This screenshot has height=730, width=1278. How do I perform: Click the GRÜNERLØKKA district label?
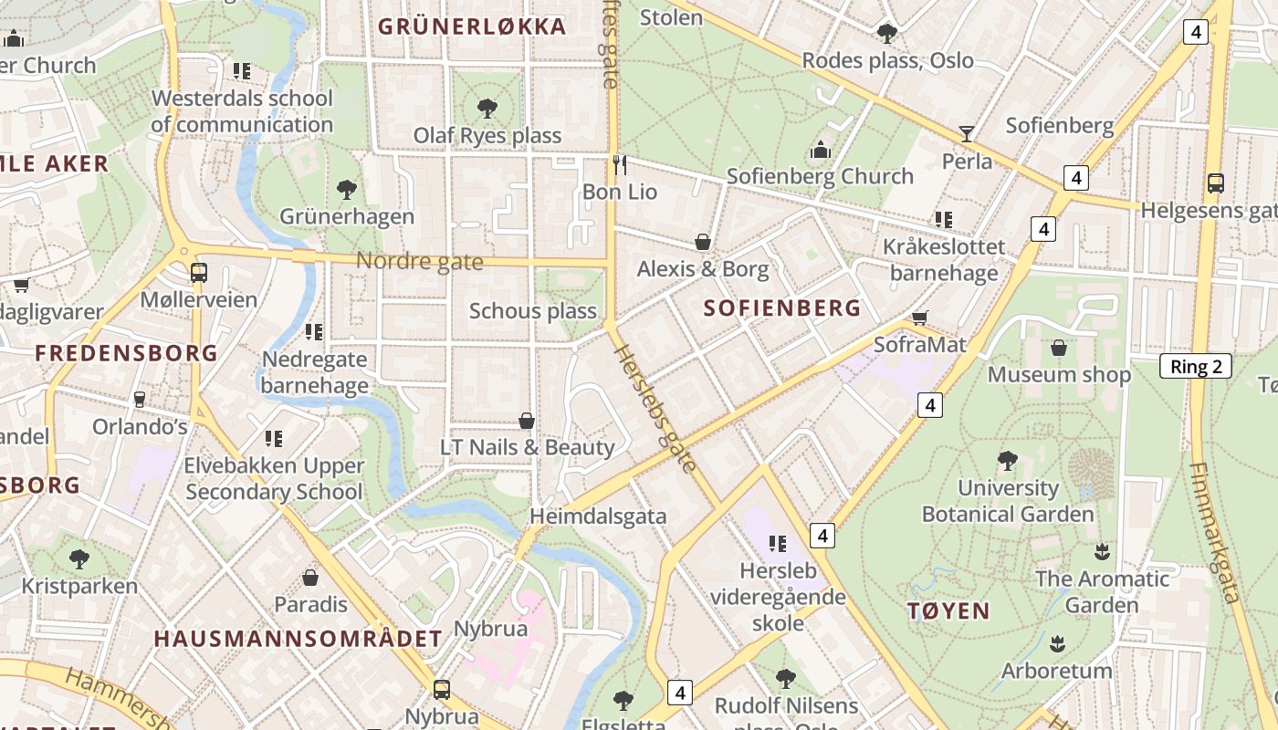(472, 26)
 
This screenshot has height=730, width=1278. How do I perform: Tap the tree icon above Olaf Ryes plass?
(487, 109)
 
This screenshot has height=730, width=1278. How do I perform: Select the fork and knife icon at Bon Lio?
(620, 164)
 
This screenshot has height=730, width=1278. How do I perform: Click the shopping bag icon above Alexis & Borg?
(703, 242)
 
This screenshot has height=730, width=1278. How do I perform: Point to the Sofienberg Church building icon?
(820, 149)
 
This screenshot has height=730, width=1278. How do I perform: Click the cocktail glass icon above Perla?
(967, 134)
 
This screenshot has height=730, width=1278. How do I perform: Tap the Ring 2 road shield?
(1195, 367)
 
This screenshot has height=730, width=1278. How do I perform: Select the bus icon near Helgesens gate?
(1215, 182)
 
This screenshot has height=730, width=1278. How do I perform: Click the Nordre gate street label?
(419, 262)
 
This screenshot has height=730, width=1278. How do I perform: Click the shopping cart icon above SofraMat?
(920, 318)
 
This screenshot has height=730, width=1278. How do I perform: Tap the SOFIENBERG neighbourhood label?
(782, 308)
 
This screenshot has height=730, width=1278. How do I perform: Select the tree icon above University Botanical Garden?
(1007, 460)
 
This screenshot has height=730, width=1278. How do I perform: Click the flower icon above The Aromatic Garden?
(1102, 551)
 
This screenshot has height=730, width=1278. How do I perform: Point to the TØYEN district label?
(949, 610)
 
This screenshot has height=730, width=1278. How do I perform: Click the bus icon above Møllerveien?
(198, 272)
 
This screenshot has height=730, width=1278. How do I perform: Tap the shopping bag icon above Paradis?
(310, 578)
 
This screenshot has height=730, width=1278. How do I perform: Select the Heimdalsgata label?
(598, 516)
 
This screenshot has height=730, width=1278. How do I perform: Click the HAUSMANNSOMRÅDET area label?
(298, 639)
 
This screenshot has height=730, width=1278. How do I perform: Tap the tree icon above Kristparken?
(79, 558)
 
